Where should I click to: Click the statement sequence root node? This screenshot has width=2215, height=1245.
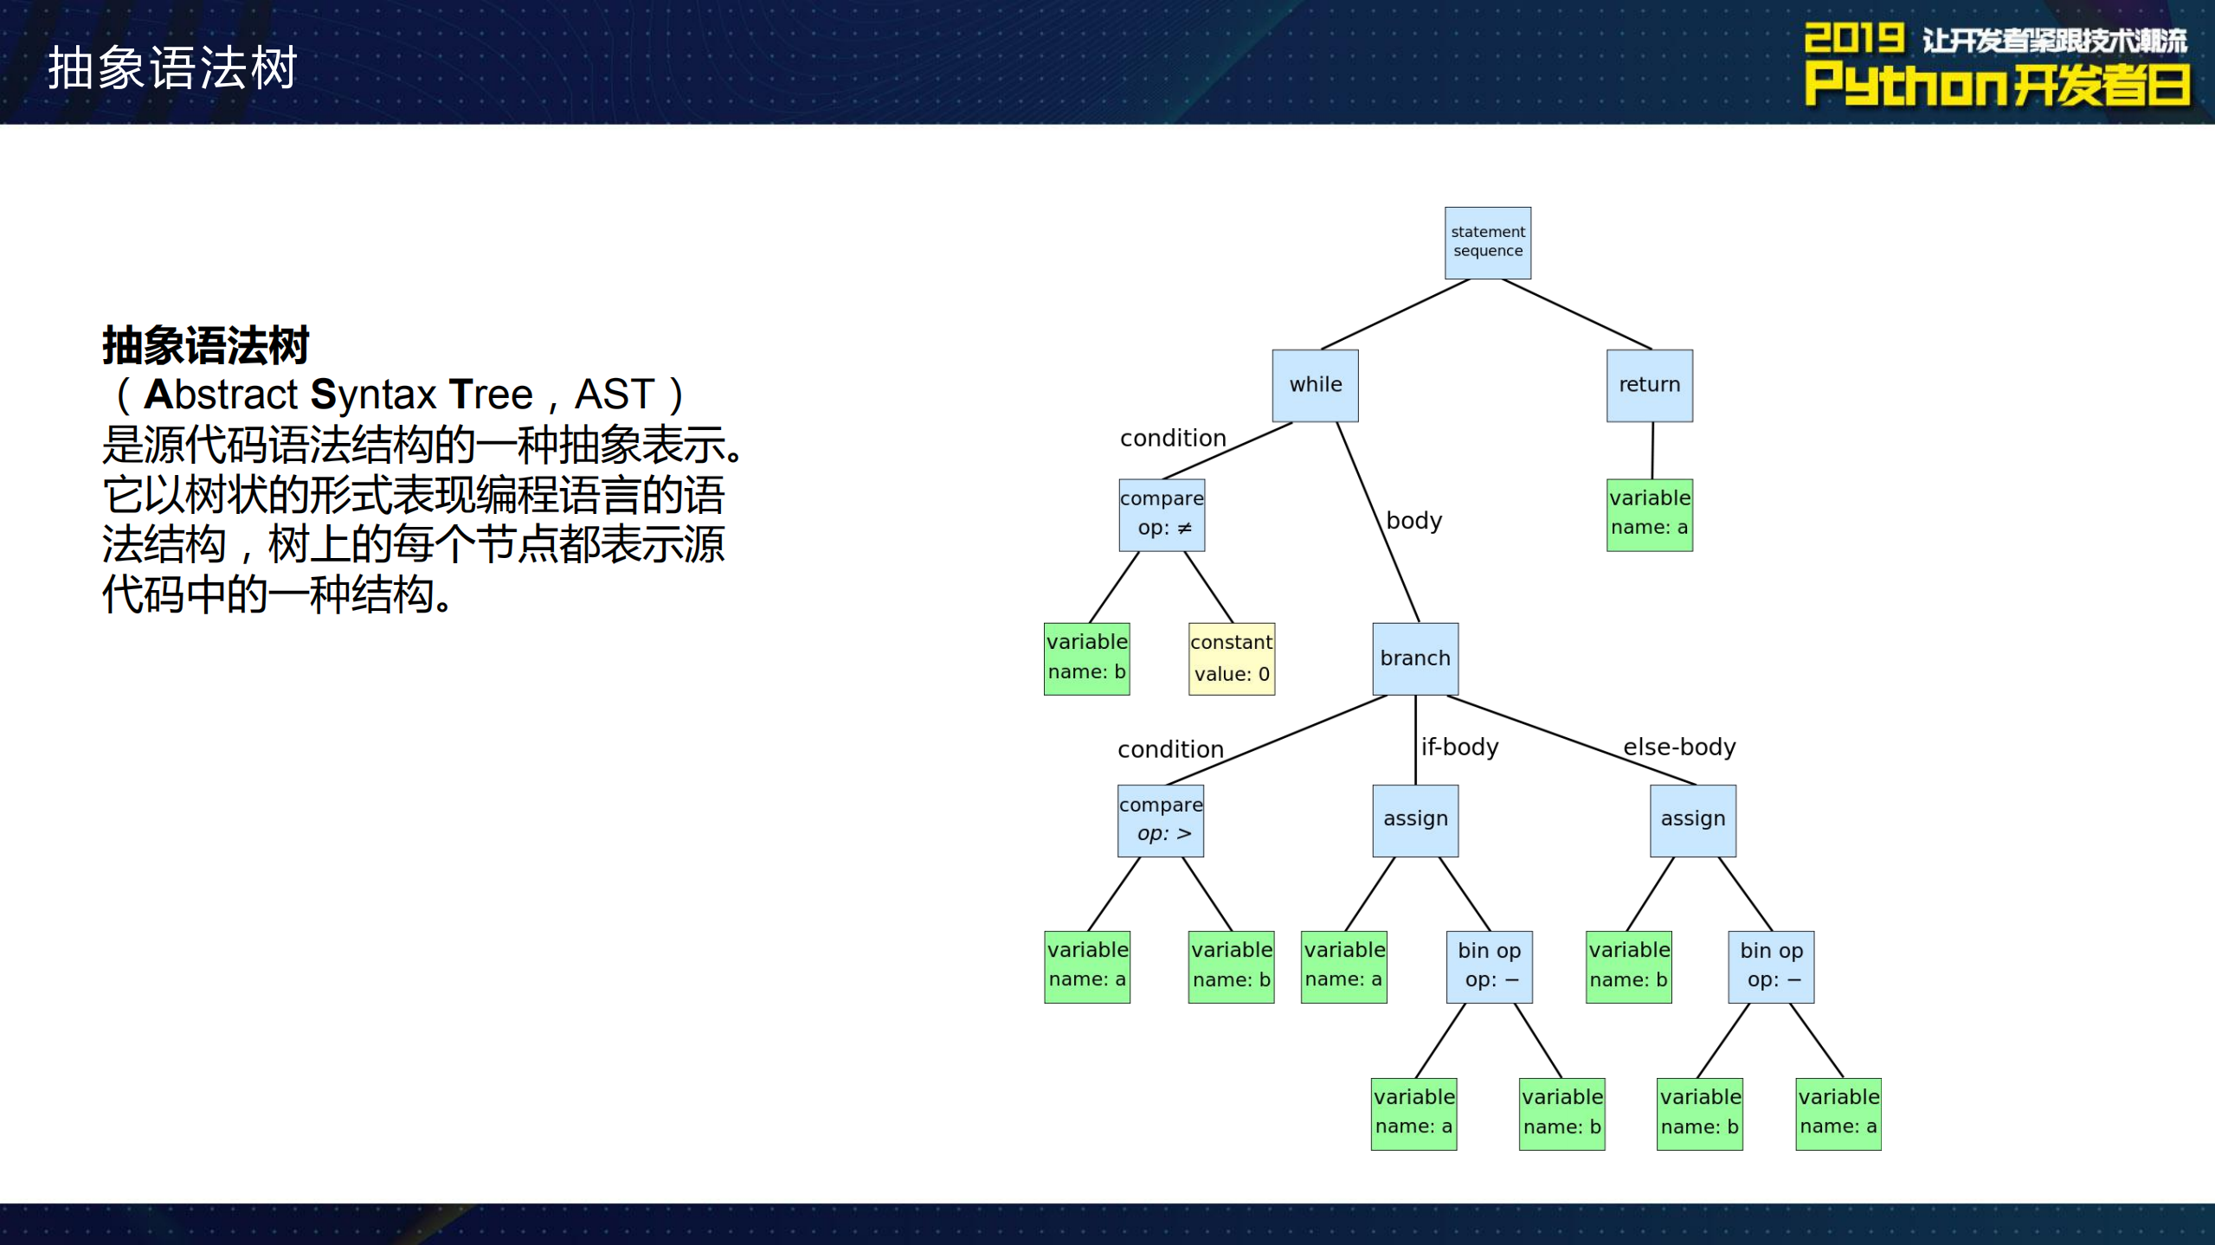click(x=1487, y=242)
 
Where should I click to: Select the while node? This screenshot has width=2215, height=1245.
click(x=1315, y=385)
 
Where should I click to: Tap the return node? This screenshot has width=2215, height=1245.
click(x=1649, y=385)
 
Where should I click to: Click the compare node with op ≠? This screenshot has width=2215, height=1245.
click(x=1162, y=515)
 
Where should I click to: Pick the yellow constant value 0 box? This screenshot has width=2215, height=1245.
click(x=1231, y=658)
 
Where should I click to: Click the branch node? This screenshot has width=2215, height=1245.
click(x=1414, y=658)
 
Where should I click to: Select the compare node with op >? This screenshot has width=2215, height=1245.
click(x=1160, y=820)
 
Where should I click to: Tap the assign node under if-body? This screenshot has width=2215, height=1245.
click(x=1414, y=820)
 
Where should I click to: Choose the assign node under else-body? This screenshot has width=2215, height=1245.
click(x=1692, y=820)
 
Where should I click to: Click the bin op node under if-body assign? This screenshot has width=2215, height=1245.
click(x=1489, y=966)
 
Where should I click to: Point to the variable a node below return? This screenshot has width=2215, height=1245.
click(x=1649, y=515)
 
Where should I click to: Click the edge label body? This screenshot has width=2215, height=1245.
click(x=1413, y=521)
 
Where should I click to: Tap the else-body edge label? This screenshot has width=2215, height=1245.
click(x=1678, y=747)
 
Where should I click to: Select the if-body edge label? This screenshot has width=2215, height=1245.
click(x=1459, y=747)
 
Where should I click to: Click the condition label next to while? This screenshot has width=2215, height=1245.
click(x=1172, y=439)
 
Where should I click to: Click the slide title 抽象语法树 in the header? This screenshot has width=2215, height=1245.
click(x=172, y=67)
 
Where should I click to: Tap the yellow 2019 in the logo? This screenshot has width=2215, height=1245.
click(x=1853, y=39)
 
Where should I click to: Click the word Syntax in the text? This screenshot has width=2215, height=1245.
click(x=373, y=395)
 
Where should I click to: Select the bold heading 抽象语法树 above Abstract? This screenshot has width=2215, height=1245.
click(x=205, y=346)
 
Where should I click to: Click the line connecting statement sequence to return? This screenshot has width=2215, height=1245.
click(x=1577, y=314)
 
